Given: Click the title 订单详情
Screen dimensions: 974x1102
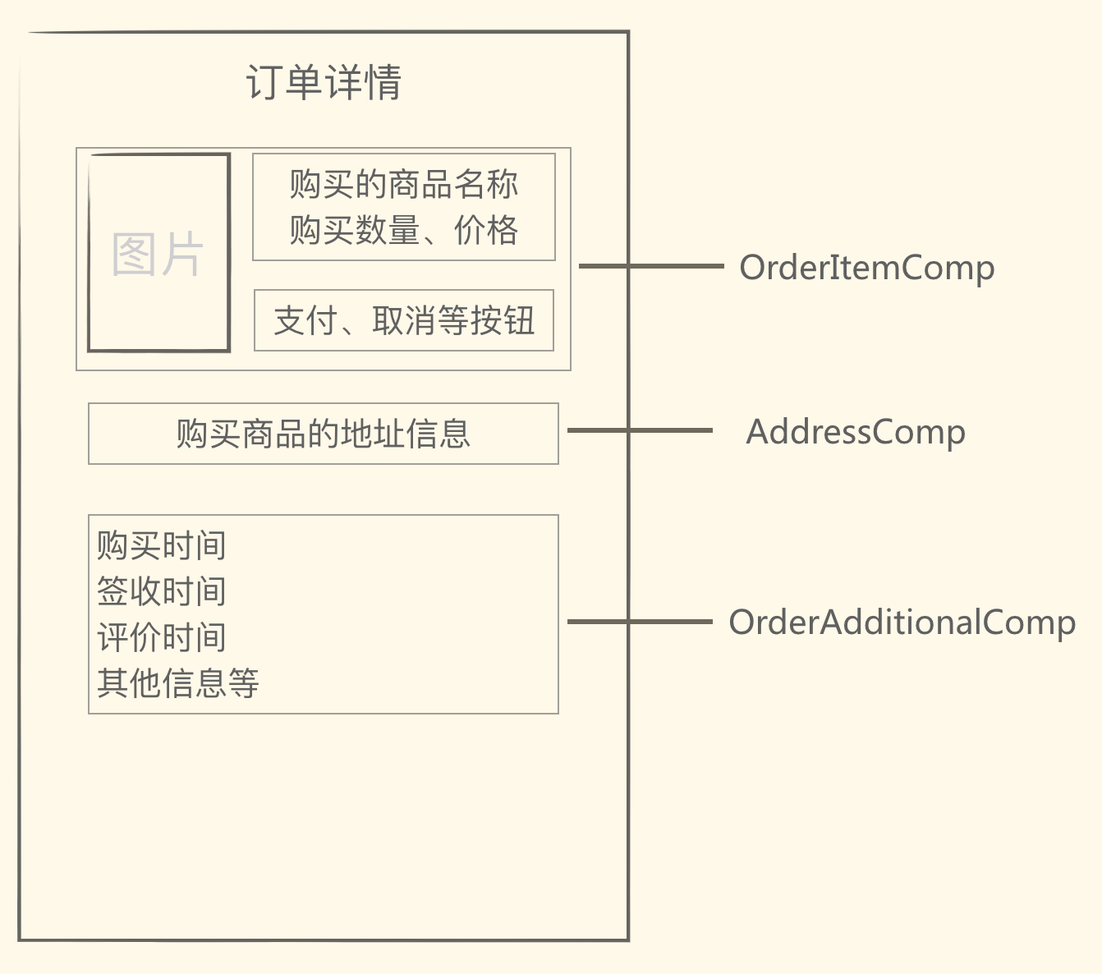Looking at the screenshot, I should click(324, 82).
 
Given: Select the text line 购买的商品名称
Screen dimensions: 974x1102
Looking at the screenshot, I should click(403, 184).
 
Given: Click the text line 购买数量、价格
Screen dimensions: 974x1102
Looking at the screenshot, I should click(403, 230).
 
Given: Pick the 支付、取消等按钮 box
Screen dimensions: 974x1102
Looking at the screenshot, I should click(403, 320).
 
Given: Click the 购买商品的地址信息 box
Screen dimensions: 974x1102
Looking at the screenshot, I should click(323, 434).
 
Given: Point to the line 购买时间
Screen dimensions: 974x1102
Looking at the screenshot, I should click(161, 545).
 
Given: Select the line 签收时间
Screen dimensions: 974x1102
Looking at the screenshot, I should click(161, 591).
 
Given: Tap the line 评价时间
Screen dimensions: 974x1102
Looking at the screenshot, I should click(161, 637).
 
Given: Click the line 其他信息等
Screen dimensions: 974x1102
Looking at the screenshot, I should click(177, 682).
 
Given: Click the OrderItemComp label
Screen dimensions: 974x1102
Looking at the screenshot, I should click(866, 268).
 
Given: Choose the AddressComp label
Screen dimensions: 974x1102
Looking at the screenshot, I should click(855, 432).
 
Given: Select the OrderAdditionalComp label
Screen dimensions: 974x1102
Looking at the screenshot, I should click(902, 623).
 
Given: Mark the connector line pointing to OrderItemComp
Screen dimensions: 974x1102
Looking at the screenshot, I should click(650, 266).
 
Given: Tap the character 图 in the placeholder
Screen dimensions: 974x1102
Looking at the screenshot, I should click(134, 254).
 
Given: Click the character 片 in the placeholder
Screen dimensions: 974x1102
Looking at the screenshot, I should click(181, 254).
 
